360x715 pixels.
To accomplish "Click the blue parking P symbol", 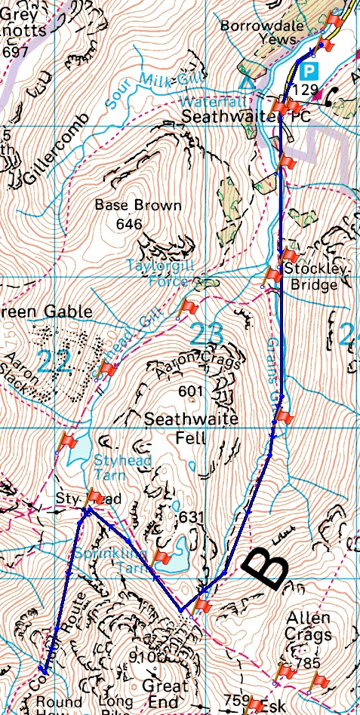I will [309, 72].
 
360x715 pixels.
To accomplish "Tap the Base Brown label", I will [138, 205].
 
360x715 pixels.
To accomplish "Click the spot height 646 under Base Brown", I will [130, 224].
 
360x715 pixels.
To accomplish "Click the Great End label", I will [165, 695].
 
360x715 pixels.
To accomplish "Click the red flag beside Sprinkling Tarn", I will [162, 557].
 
